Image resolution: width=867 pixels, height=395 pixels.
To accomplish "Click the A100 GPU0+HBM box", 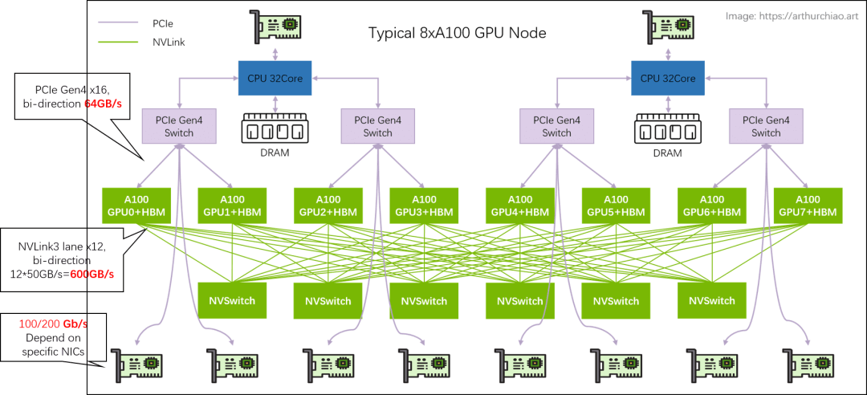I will [136, 206].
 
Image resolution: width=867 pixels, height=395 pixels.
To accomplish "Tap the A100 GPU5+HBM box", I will [616, 206].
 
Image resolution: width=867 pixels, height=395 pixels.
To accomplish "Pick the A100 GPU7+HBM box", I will [808, 206].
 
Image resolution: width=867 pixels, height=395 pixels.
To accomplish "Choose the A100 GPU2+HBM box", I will [328, 206].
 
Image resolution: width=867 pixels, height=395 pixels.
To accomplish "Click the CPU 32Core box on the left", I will [275, 78].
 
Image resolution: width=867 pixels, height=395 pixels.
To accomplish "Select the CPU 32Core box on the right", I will [667, 78].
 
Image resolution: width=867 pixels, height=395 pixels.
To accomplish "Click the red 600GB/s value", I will [92, 274].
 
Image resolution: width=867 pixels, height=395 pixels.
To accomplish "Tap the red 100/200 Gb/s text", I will [53, 323].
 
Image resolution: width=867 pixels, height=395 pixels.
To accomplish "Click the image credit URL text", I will [794, 15].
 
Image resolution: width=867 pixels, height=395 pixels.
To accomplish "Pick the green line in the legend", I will [118, 43].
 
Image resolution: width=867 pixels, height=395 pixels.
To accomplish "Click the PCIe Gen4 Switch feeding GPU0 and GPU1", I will [180, 127].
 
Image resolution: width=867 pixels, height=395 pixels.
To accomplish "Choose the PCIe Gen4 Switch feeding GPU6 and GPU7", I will [766, 127].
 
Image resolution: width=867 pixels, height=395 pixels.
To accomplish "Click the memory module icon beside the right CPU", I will [667, 129].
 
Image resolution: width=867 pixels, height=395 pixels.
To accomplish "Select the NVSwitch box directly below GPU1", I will [232, 300].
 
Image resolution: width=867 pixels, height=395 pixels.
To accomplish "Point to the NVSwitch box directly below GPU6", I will [712, 300].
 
